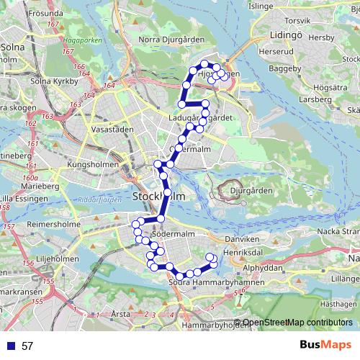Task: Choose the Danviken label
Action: click(x=241, y=238)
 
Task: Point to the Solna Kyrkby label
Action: click(x=54, y=81)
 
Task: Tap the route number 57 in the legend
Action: click(x=27, y=346)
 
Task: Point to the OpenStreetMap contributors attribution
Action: click(x=297, y=323)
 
